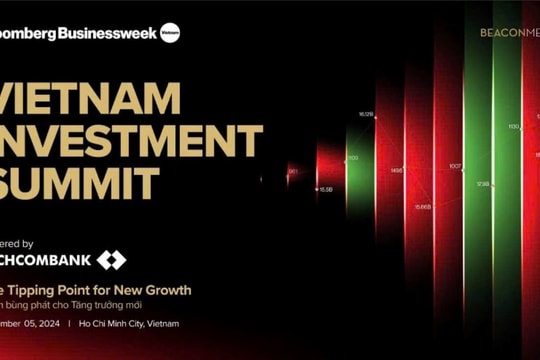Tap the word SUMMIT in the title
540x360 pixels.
80,184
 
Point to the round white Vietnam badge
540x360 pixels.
170,32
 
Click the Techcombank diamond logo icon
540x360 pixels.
111,261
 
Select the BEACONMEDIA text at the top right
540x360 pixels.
509,33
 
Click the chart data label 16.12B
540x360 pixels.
366,115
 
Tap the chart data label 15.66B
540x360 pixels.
422,206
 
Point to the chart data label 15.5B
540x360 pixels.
325,188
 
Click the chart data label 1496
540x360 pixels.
397,171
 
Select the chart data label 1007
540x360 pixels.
455,166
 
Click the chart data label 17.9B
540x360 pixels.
483,184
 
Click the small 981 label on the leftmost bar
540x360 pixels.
293,171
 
